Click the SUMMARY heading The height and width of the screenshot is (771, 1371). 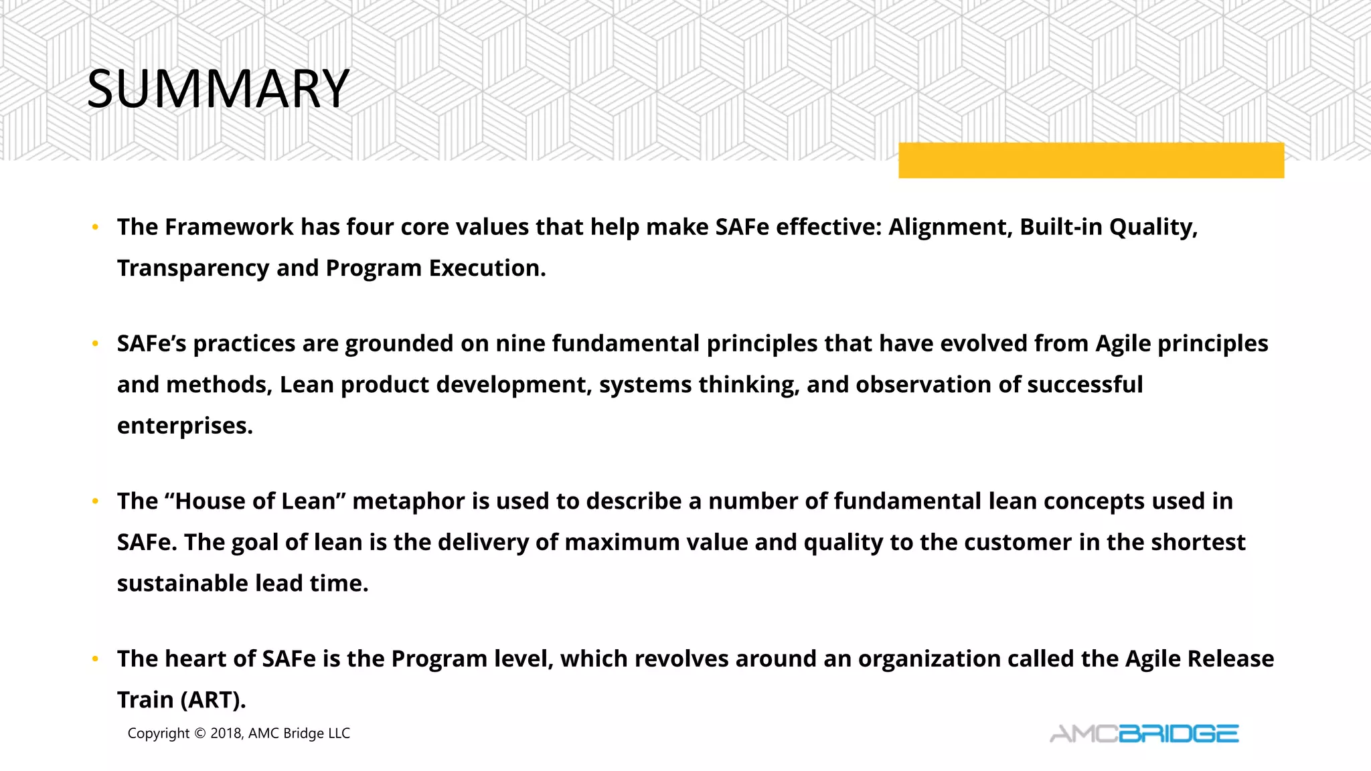click(x=218, y=88)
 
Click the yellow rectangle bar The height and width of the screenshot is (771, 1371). click(x=1091, y=161)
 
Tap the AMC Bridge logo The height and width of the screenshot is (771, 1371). click(x=1143, y=734)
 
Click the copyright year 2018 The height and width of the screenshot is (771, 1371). click(x=226, y=734)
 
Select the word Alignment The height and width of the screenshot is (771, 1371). click(x=950, y=227)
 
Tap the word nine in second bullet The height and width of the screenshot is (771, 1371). click(x=519, y=343)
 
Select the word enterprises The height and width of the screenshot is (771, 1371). click(x=184, y=426)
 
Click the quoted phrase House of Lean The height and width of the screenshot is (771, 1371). click(x=260, y=501)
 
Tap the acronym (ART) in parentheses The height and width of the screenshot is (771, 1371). click(x=214, y=700)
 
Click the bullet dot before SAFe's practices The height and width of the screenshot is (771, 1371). click(x=95, y=344)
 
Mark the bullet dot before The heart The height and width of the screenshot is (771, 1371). click(x=95, y=659)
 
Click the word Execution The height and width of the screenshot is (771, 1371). click(x=487, y=268)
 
